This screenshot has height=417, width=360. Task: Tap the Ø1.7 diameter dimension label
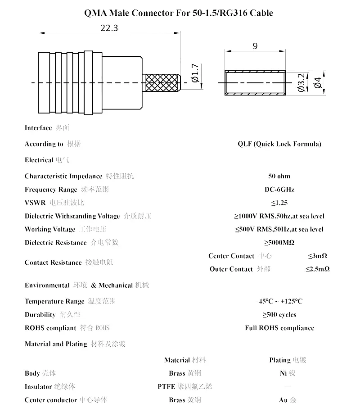pos(195,73)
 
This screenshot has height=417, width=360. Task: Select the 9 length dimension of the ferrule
pos(255,46)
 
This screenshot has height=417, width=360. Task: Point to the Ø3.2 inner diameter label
pos(301,83)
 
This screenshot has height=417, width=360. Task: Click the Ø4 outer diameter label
pos(318,83)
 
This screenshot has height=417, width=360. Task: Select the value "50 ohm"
pos(279,176)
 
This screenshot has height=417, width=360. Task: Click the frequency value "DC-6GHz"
pos(279,190)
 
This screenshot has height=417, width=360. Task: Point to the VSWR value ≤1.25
pos(279,203)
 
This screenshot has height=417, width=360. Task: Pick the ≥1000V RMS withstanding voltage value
pos(279,216)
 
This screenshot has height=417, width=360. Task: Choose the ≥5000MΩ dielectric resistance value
pos(279,242)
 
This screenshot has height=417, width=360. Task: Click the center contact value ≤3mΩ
pos(318,256)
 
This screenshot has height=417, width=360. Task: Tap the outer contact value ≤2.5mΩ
pos(318,269)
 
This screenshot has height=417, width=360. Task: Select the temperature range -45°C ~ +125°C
pos(279,301)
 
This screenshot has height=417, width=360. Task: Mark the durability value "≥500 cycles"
pos(279,314)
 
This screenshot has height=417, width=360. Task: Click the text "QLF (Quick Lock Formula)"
pos(279,144)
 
